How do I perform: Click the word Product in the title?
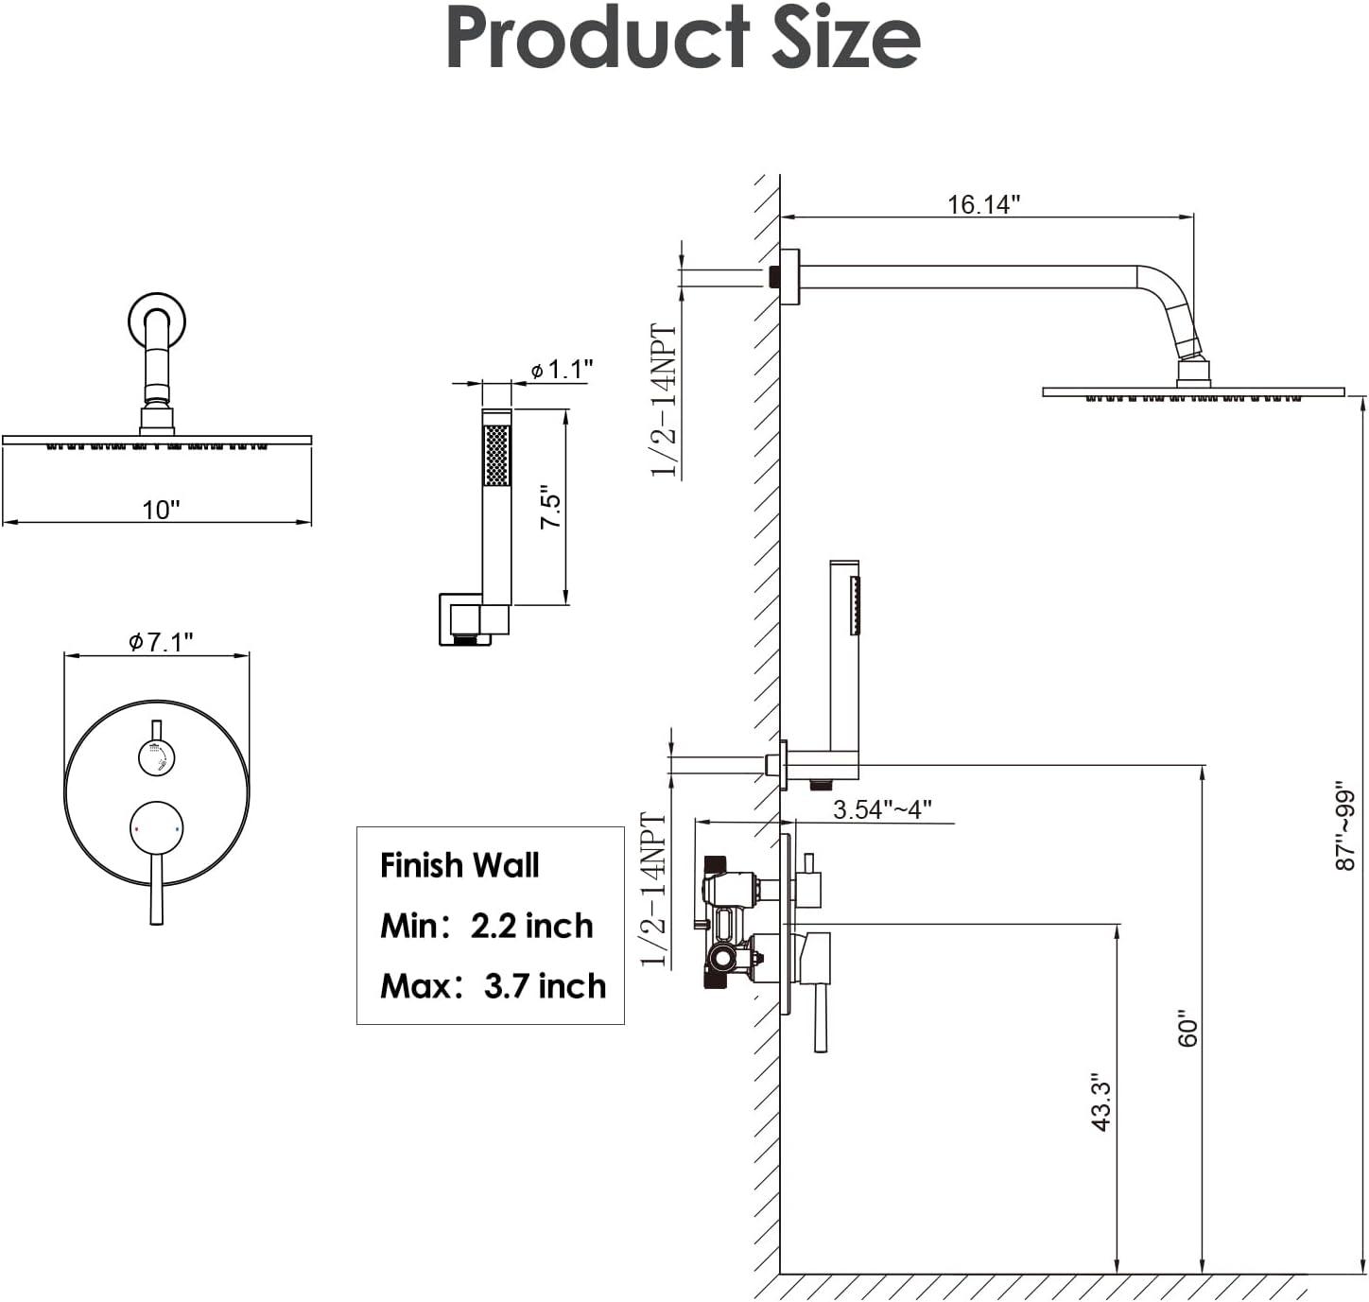pos(598,40)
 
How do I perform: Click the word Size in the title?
pos(845,40)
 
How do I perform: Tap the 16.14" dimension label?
pos(983,204)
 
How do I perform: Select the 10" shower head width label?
pos(161,510)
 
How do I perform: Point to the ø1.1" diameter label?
pos(562,369)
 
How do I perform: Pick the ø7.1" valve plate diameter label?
pos(161,642)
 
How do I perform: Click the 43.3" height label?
pos(1100,1102)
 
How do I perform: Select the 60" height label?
pos(1187,1032)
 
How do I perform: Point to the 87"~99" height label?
pos(1344,825)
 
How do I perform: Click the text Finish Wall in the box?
pos(459,865)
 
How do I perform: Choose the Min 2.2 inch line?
pos(486,926)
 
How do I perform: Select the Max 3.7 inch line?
pos(493,986)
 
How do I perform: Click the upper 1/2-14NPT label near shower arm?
pos(665,400)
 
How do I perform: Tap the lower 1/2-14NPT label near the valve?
pos(654,889)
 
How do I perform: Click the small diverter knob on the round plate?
pos(156,757)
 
